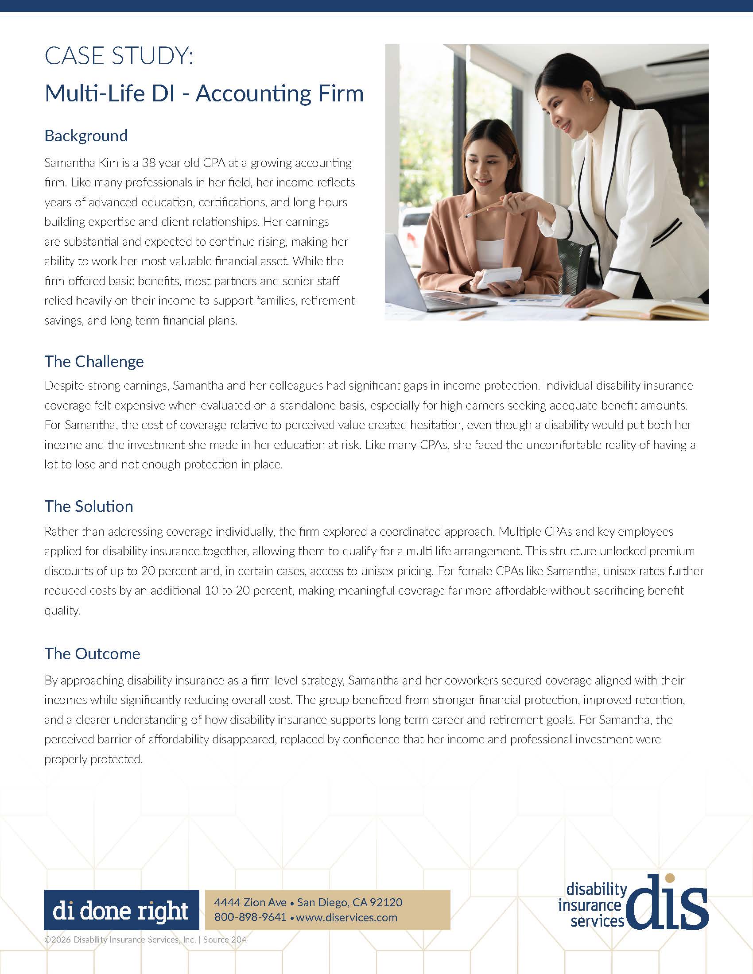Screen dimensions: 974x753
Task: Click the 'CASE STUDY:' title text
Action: (119, 57)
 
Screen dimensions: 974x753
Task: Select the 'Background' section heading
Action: (86, 135)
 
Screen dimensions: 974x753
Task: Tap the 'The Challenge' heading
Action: (94, 361)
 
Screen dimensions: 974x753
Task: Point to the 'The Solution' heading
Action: (89, 506)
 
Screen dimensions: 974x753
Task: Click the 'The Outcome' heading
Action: (92, 653)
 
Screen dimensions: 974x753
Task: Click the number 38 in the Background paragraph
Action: (148, 163)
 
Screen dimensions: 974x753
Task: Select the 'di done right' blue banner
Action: (121, 910)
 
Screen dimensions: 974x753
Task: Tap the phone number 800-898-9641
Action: (250, 917)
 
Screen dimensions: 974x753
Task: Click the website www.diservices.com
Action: (347, 917)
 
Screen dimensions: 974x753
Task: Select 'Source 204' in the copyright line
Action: (225, 939)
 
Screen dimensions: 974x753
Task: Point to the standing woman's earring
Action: (591, 97)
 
